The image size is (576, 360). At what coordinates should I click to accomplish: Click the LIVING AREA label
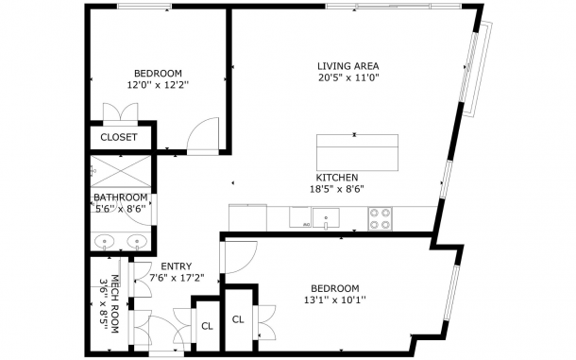tap(347, 66)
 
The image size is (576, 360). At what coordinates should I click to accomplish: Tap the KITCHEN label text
tap(337, 178)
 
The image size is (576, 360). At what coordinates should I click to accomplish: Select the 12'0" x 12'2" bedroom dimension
tap(158, 85)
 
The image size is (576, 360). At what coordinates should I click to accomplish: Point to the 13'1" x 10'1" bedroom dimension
tap(335, 300)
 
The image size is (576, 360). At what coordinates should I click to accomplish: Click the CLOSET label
tap(119, 137)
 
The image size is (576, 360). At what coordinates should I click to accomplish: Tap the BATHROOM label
tap(121, 197)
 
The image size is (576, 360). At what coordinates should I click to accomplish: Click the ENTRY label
tap(177, 266)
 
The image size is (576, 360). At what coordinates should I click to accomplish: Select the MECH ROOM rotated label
tap(115, 303)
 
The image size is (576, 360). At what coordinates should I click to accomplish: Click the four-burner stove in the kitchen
tap(380, 219)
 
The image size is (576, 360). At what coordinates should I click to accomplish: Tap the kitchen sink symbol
tap(326, 218)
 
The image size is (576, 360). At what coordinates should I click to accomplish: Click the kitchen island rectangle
tap(358, 153)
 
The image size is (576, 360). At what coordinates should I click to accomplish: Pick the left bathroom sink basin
tap(104, 242)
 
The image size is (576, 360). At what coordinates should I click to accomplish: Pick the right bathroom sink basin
tap(137, 242)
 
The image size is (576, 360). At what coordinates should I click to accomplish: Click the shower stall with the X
tap(121, 171)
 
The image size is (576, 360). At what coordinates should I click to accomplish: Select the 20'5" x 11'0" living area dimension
tap(348, 77)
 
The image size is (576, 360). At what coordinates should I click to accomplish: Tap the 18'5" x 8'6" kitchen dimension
tap(337, 189)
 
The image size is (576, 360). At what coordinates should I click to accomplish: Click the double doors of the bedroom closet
tap(121, 113)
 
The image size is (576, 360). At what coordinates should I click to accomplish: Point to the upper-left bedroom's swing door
tap(203, 134)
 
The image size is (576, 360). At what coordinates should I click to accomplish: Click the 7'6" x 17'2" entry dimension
tap(177, 278)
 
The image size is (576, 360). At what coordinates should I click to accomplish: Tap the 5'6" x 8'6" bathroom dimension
tap(121, 209)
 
